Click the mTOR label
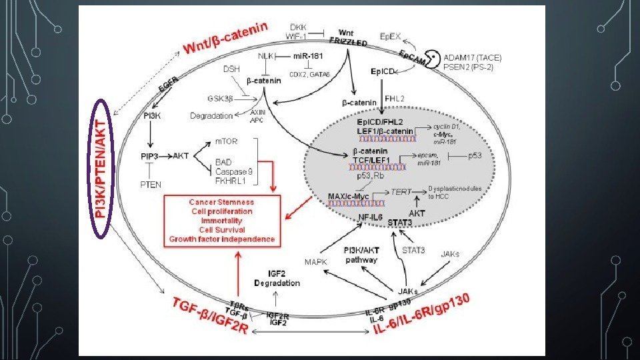(225, 142)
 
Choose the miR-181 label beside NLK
(307, 56)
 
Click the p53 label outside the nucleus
(475, 155)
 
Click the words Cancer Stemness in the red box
(221, 201)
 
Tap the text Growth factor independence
(222, 239)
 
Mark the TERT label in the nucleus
(401, 191)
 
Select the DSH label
(231, 69)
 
